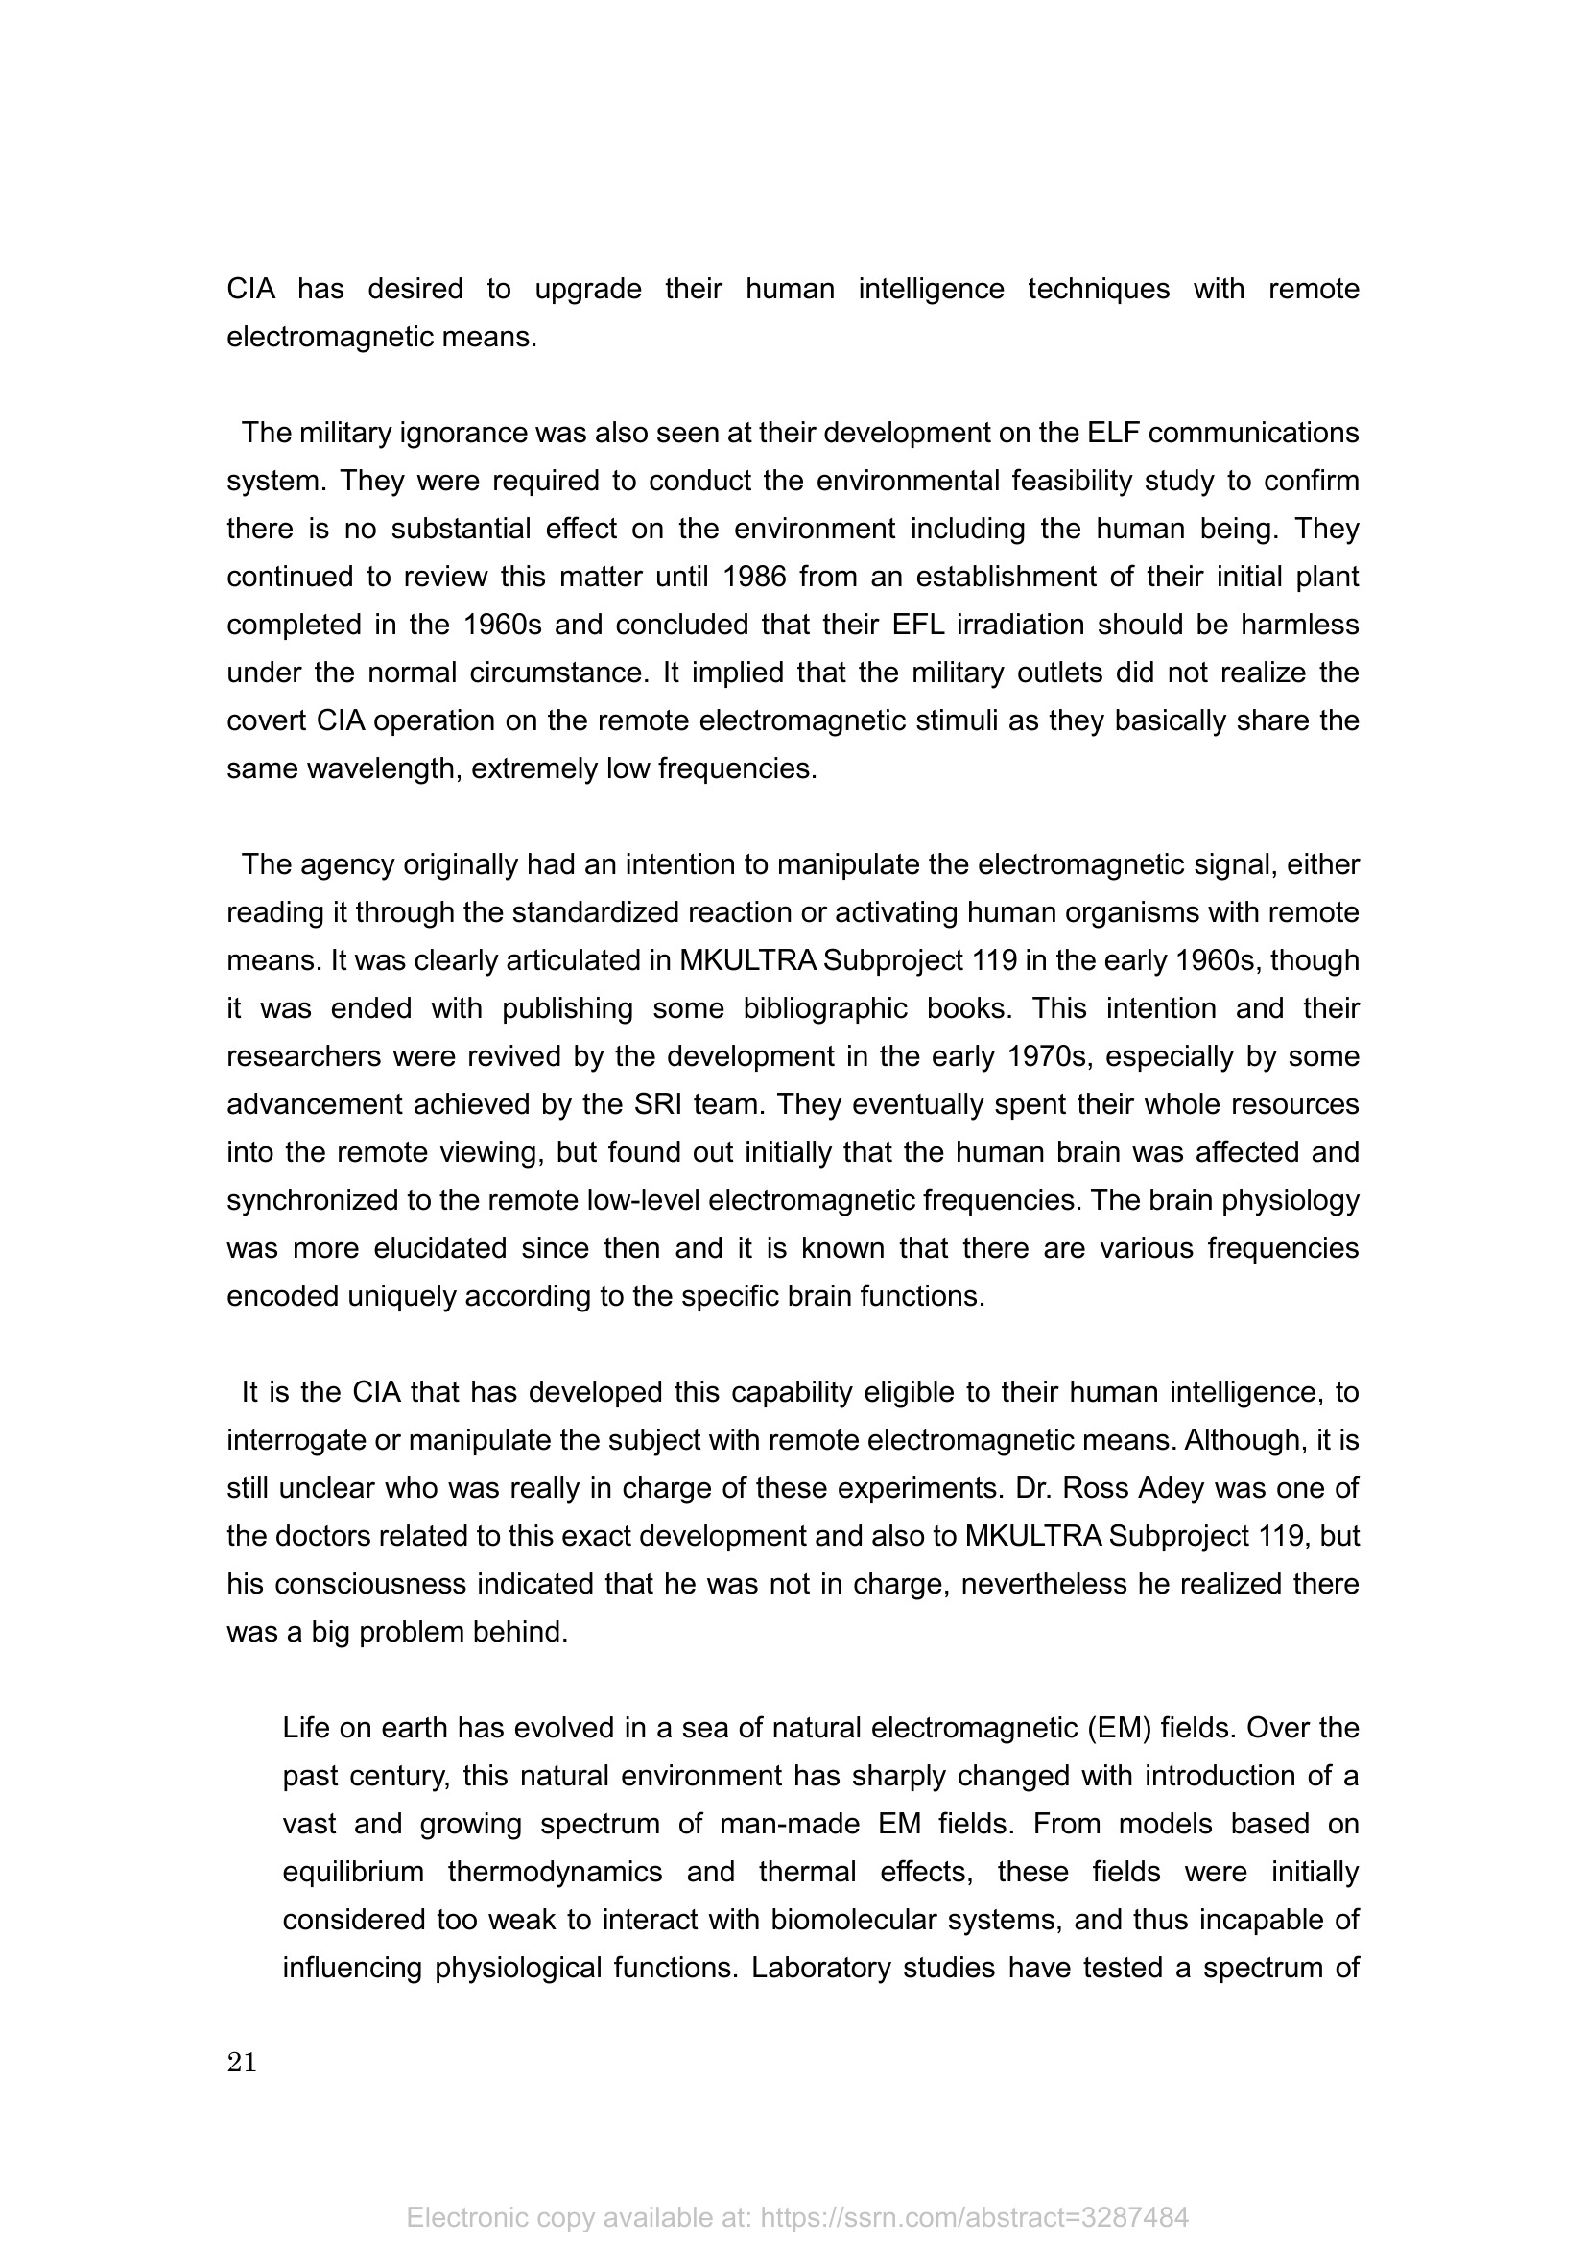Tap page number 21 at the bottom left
242,2063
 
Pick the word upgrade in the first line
587,290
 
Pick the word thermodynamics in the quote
555,1872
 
